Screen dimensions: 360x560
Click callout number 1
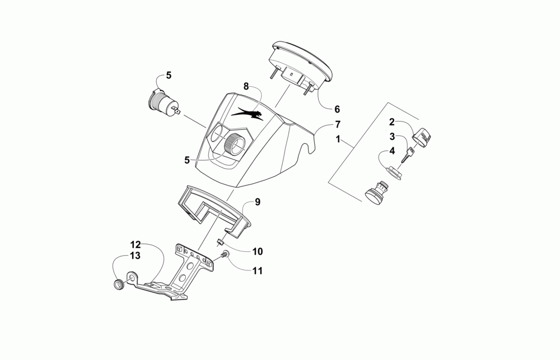pos(338,138)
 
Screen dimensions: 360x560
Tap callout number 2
pos(393,121)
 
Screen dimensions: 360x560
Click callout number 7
pos(338,123)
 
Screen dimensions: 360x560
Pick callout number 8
pos(245,86)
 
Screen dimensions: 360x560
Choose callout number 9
pos(258,202)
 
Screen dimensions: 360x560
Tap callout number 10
pos(258,252)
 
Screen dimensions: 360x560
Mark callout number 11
pos(258,271)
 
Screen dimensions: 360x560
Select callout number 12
pos(136,245)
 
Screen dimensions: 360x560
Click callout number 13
pos(136,256)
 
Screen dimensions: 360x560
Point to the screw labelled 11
pos(223,255)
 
